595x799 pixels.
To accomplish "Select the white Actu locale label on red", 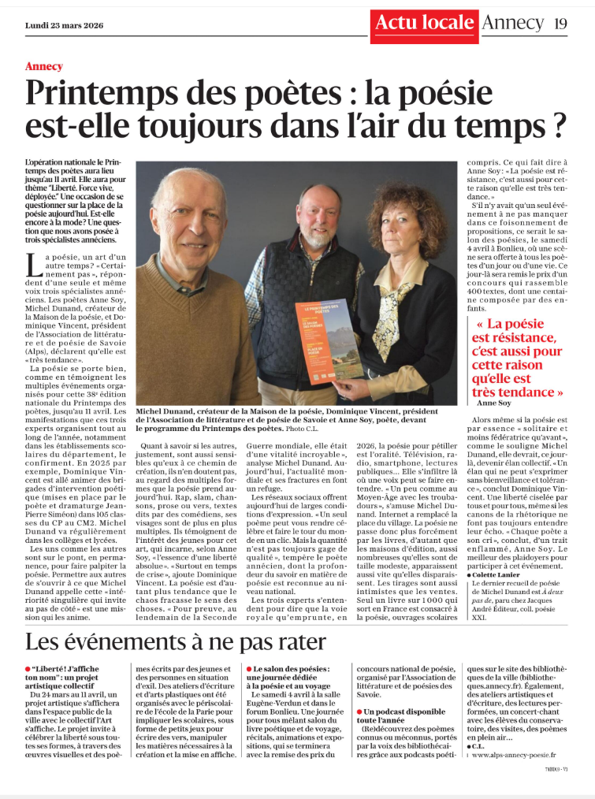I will point(422,23).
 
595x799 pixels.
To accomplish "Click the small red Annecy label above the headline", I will point(43,66).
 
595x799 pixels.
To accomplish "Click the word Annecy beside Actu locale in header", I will point(511,23).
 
